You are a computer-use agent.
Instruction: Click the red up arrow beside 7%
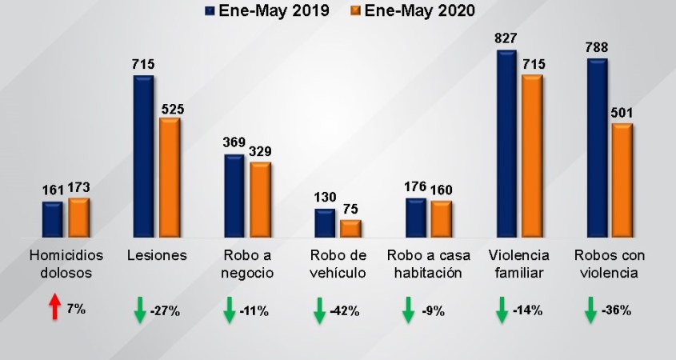(55, 307)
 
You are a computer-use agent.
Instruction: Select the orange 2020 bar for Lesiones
(170, 178)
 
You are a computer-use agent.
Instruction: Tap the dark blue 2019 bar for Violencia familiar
(507, 144)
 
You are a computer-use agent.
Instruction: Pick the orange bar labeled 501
(622, 181)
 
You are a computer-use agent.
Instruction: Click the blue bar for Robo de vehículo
(325, 223)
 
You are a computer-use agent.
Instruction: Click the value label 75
(351, 210)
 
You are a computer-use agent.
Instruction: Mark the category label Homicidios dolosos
(61, 264)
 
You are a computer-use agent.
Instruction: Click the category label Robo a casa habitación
(425, 264)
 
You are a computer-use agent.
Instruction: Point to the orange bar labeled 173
(78, 218)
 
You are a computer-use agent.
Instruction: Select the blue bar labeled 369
(234, 196)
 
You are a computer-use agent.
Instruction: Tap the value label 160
(441, 190)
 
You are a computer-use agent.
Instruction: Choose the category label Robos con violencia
(610, 264)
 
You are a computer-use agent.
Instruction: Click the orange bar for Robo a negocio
(260, 200)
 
